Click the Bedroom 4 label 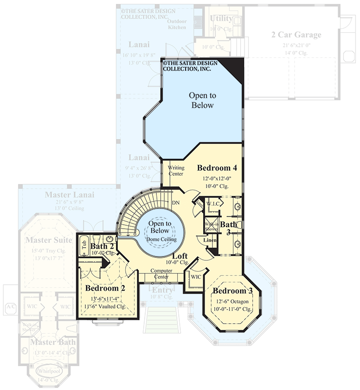click(217, 168)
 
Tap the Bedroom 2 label click(106, 288)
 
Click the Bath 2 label click(102, 246)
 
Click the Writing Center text click(176, 171)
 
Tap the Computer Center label click(162, 274)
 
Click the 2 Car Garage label click(296, 35)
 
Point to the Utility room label click(221, 19)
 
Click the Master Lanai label click(69, 195)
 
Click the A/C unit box click(10, 306)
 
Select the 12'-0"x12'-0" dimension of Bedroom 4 click(217, 178)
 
